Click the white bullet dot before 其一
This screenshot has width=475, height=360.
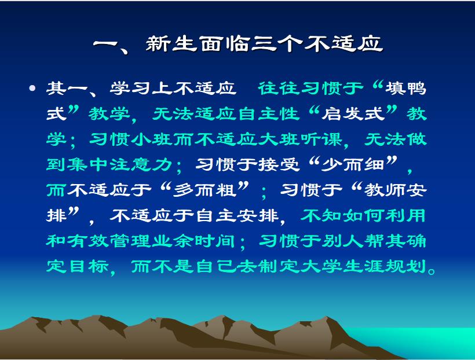(32, 88)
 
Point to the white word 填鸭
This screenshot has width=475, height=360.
(406, 89)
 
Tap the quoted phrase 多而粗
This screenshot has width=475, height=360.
(205, 190)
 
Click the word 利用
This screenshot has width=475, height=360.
(406, 215)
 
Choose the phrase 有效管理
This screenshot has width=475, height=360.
(109, 241)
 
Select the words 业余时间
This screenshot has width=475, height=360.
(194, 241)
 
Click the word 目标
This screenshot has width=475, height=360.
(89, 266)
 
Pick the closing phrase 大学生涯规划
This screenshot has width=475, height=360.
(364, 266)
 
